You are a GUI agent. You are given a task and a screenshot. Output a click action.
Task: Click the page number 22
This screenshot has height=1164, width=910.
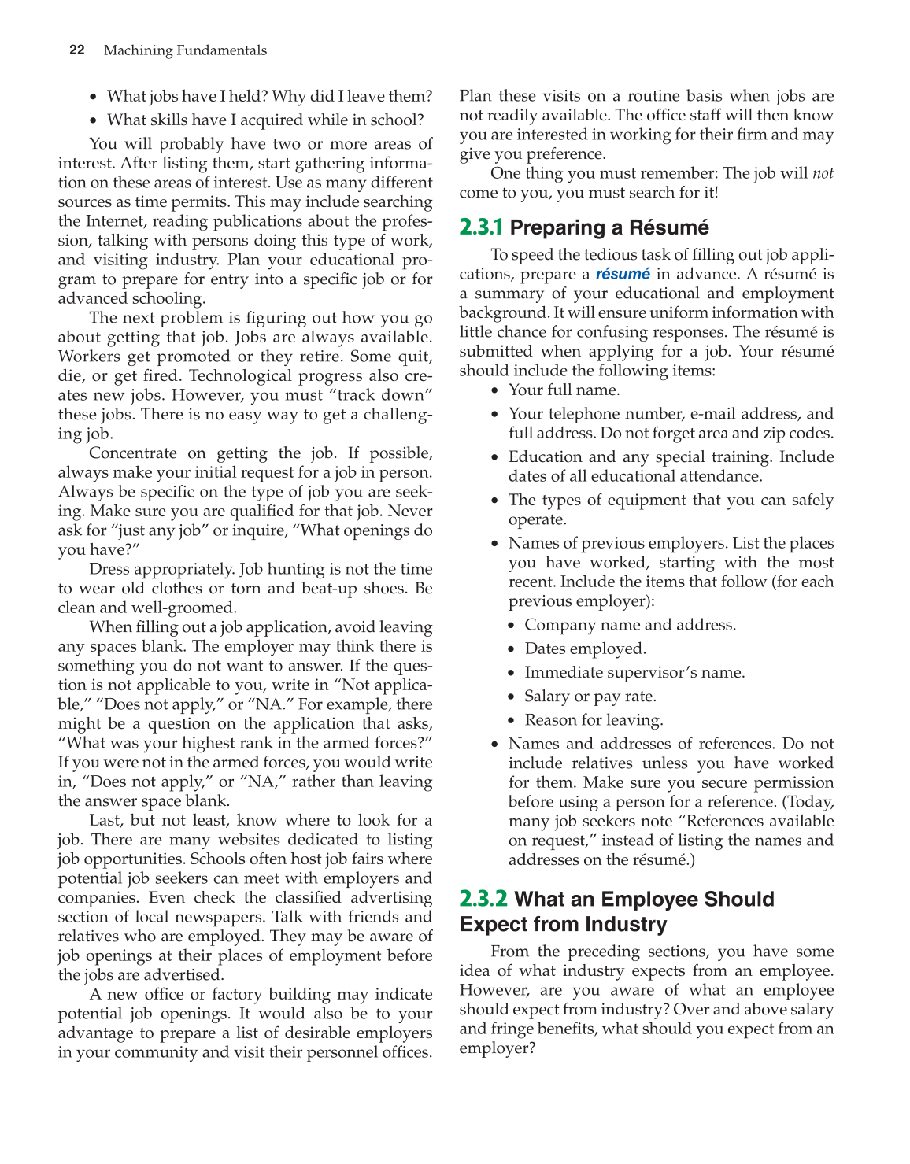pyautogui.click(x=76, y=50)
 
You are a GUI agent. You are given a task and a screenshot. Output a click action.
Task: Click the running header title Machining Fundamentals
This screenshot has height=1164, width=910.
pyautogui.click(x=185, y=50)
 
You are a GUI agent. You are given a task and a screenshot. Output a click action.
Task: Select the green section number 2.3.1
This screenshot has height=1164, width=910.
pyautogui.click(x=481, y=227)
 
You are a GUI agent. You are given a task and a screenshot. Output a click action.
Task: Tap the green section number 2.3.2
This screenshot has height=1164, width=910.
pyautogui.click(x=483, y=899)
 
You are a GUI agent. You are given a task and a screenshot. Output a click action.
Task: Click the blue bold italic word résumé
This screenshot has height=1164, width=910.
pyautogui.click(x=623, y=274)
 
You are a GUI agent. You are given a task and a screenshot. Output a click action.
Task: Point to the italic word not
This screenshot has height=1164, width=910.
pyautogui.click(x=823, y=173)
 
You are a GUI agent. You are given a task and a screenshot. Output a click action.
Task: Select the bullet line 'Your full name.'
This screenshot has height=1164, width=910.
pyautogui.click(x=564, y=390)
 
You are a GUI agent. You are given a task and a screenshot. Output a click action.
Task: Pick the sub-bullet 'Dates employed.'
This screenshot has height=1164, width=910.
pyautogui.click(x=585, y=649)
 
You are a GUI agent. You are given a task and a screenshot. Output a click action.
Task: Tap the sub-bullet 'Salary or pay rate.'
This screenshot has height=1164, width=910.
pyautogui.click(x=590, y=696)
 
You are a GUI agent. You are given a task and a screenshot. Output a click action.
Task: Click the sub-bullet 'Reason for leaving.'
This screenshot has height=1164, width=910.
pyautogui.click(x=594, y=719)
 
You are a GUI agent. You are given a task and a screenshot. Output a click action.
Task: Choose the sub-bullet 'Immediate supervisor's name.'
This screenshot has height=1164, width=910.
pyautogui.click(x=634, y=672)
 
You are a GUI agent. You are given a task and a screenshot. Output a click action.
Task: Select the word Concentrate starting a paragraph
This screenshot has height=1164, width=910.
pyautogui.click(x=133, y=453)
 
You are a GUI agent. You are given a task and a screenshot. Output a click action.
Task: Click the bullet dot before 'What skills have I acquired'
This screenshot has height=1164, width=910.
pyautogui.click(x=94, y=120)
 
